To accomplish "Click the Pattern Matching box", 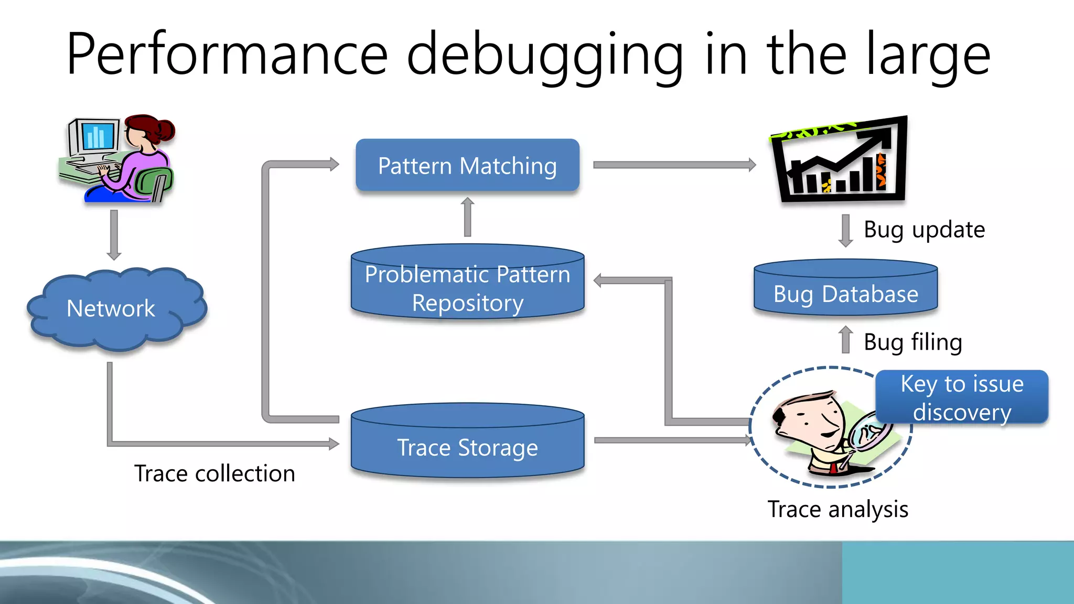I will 467,166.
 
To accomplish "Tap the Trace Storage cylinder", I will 467,444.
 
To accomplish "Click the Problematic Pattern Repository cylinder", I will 467,286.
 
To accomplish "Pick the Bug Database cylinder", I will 845,291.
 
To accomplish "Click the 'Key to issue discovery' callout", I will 962,397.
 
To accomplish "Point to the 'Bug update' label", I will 924,230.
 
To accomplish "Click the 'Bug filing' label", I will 912,342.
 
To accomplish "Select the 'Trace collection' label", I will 214,473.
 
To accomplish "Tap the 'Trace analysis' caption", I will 837,509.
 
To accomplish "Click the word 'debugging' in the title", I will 545,55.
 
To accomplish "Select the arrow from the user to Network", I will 114,234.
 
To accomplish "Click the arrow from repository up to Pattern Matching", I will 468,217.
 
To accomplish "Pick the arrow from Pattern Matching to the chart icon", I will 674,165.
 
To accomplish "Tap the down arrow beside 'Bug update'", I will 845,230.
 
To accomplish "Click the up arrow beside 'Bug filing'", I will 845,340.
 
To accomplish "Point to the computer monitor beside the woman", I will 94,137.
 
